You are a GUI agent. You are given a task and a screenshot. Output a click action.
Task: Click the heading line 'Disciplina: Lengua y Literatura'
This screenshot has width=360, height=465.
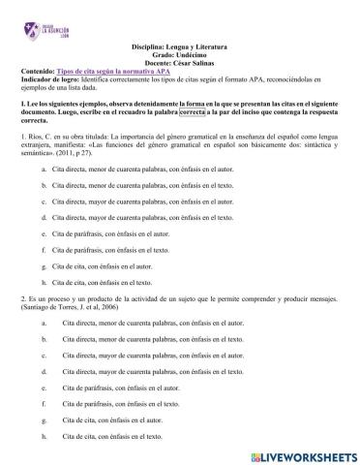coord(179,46)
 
